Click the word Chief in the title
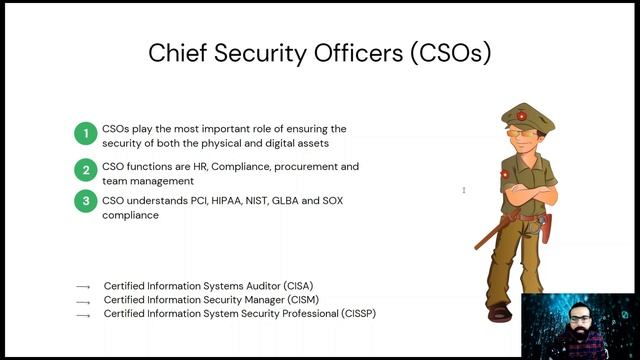pyautogui.click(x=175, y=52)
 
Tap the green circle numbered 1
pyautogui.click(x=87, y=133)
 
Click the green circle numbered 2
pyautogui.click(x=87, y=170)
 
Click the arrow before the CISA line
pyautogui.click(x=83, y=287)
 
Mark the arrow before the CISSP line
pyautogui.click(x=83, y=315)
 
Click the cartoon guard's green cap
pyautogui.click(x=529, y=114)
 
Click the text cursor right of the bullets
pyautogui.click(x=463, y=190)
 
